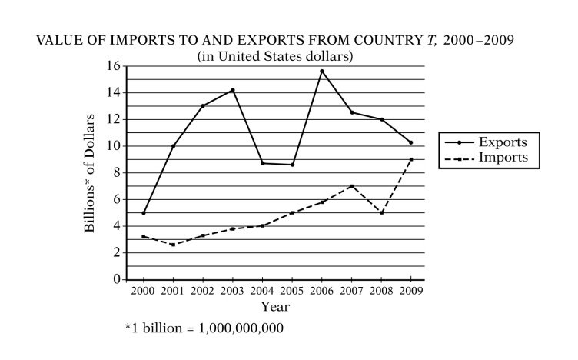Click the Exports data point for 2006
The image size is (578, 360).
click(x=322, y=72)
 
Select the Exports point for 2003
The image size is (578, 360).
click(x=233, y=90)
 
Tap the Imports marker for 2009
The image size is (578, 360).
click(x=411, y=159)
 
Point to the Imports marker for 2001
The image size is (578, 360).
click(x=174, y=245)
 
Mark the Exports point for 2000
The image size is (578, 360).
click(x=144, y=212)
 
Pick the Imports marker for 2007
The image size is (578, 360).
click(x=351, y=186)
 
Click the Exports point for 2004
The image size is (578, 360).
click(x=263, y=163)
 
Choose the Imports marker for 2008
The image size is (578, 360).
click(x=381, y=212)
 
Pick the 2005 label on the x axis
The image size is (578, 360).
click(x=292, y=291)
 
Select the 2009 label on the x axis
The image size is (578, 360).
click(x=411, y=291)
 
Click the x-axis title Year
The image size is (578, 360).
click(x=275, y=306)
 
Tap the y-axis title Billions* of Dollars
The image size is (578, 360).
click(x=91, y=173)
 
